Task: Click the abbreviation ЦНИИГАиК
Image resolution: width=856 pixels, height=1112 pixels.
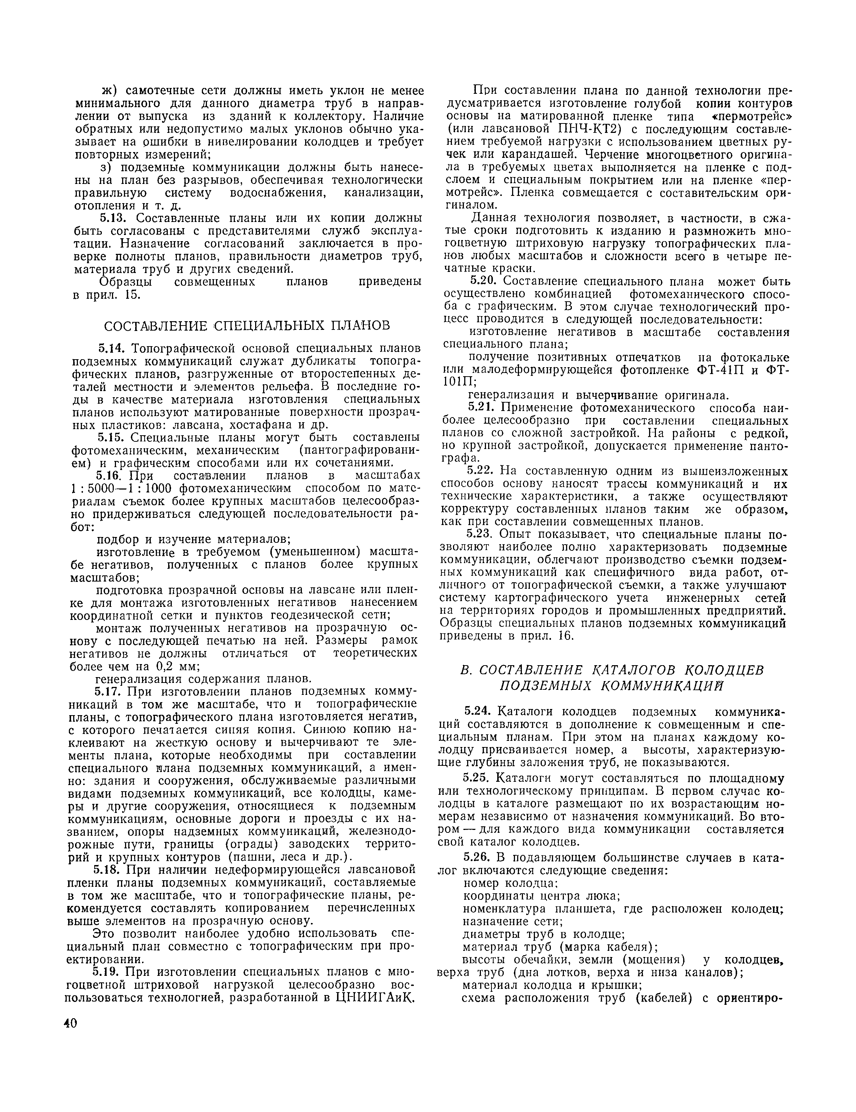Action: (374, 997)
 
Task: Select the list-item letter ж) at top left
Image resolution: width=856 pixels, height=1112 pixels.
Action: (109, 91)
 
